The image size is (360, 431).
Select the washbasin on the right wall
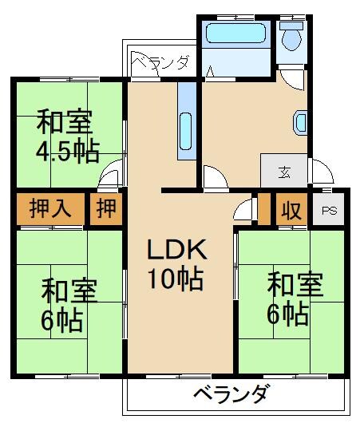click(301, 122)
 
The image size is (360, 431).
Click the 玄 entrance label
click(283, 171)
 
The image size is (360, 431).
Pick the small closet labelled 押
click(106, 210)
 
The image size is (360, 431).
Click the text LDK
click(176, 251)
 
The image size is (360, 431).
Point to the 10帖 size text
click(175, 279)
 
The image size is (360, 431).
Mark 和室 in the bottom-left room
click(69, 291)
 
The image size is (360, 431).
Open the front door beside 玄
click(321, 171)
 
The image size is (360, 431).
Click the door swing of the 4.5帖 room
click(114, 172)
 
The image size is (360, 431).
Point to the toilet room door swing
click(291, 77)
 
